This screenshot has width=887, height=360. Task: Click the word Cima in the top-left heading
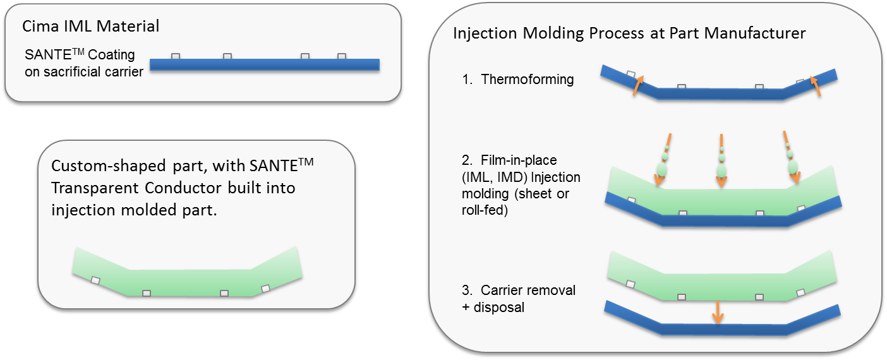[40, 26]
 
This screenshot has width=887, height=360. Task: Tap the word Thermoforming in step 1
[527, 79]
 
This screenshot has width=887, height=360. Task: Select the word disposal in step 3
[499, 308]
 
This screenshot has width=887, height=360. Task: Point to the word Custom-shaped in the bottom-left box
[108, 166]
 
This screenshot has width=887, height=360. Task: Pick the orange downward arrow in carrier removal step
[718, 313]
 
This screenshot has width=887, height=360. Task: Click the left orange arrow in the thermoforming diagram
[637, 85]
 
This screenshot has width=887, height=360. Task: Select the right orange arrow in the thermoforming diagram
[816, 86]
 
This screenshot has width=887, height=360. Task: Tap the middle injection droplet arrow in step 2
[721, 160]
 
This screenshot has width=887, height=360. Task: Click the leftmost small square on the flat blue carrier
[176, 56]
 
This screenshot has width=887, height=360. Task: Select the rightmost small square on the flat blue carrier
[342, 56]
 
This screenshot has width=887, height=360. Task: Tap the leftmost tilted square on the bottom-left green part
[95, 280]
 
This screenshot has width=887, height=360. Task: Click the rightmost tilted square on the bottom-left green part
[266, 289]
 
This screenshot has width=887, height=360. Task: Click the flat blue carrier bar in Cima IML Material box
[265, 64]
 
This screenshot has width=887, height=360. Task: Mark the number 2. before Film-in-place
[467, 160]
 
